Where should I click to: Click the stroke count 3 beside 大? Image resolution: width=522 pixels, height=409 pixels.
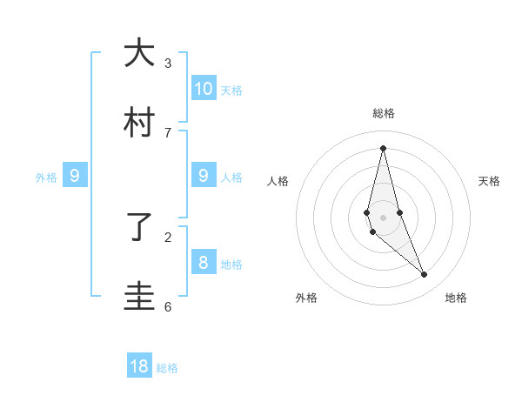click(x=168, y=64)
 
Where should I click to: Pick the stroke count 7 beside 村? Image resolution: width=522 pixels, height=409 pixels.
click(x=168, y=132)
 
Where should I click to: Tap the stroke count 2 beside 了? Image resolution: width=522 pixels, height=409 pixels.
click(x=168, y=237)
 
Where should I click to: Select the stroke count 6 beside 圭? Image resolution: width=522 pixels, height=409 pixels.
click(x=168, y=306)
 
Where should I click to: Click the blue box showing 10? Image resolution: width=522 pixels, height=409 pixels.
click(x=203, y=88)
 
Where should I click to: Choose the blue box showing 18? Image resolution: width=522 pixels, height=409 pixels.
click(x=139, y=366)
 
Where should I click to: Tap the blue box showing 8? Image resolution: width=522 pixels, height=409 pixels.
click(x=203, y=262)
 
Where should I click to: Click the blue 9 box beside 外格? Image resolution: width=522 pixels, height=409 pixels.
click(x=75, y=176)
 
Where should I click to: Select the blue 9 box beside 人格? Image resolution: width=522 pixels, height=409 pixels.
click(x=203, y=176)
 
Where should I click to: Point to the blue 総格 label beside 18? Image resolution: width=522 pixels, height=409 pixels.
click(x=167, y=368)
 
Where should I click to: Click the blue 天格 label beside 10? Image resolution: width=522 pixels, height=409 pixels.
click(x=231, y=90)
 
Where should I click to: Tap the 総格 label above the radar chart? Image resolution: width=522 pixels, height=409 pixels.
click(x=384, y=113)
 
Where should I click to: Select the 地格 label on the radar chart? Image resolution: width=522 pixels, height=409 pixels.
click(x=456, y=298)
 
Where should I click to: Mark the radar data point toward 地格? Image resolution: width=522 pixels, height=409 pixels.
click(x=425, y=275)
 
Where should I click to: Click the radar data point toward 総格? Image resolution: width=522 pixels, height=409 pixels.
click(x=384, y=147)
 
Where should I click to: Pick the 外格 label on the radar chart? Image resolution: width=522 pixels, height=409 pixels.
click(x=306, y=298)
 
